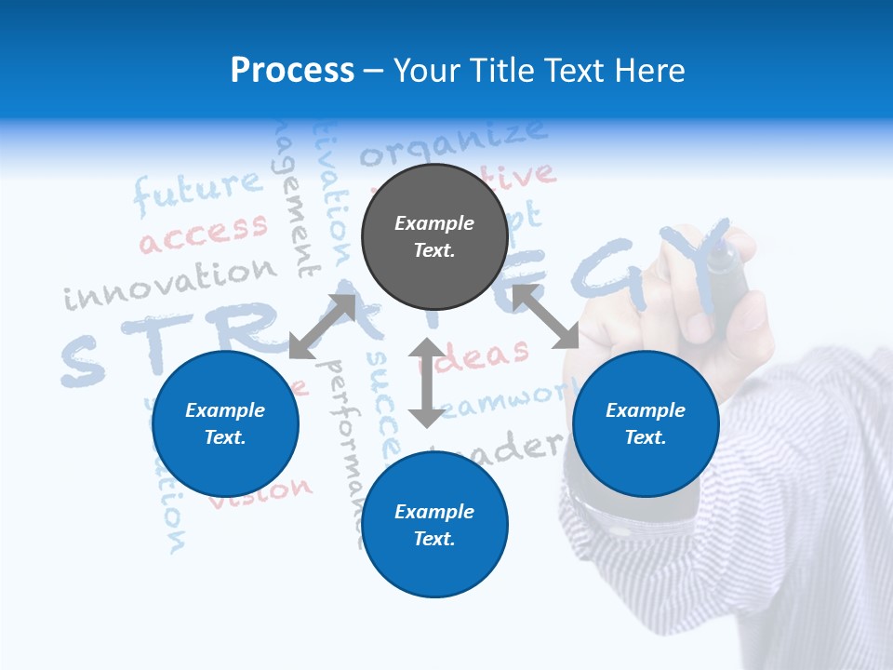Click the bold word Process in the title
click(x=292, y=70)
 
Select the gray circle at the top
click(x=434, y=237)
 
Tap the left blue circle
click(x=225, y=423)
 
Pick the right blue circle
click(x=646, y=423)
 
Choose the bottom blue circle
click(x=434, y=525)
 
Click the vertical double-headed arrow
click(x=427, y=382)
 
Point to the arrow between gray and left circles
click(x=322, y=327)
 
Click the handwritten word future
click(x=198, y=191)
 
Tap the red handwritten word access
click(x=204, y=233)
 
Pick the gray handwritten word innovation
click(x=171, y=284)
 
